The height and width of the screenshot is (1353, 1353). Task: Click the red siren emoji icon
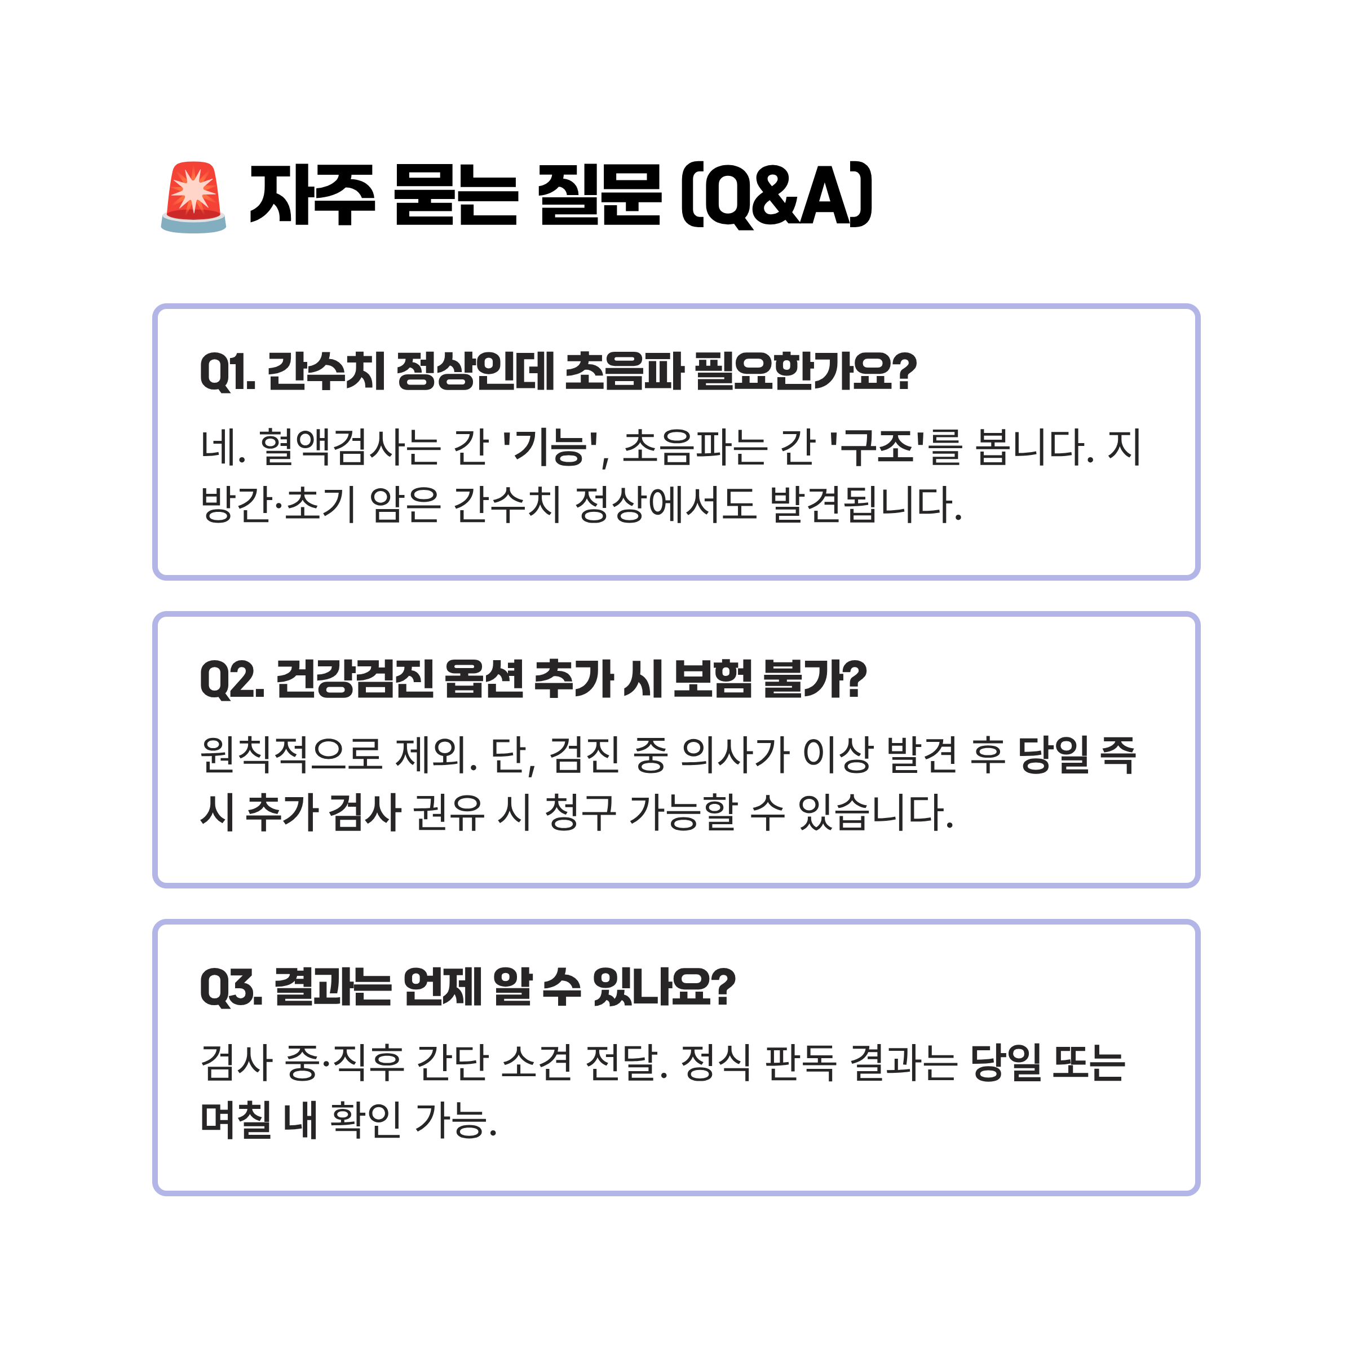point(193,197)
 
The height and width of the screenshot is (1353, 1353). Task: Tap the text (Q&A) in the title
point(777,196)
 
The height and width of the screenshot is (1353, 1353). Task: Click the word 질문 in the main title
point(599,196)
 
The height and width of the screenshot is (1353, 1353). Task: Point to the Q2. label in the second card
point(232,679)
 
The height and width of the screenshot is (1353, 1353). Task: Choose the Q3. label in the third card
point(231,988)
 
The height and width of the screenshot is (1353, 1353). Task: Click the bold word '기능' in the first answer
point(550,447)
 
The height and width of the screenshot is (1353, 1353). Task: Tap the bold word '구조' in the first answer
point(876,447)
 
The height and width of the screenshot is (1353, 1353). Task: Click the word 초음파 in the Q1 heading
point(624,372)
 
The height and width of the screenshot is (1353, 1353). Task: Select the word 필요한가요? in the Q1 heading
point(806,372)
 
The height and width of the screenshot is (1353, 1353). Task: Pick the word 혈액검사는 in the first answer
point(350,447)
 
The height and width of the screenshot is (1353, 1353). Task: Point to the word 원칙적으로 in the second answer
point(291,755)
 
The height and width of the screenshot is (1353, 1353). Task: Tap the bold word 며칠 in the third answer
point(235,1120)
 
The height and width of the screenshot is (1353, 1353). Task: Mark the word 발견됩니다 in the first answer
point(864,504)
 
